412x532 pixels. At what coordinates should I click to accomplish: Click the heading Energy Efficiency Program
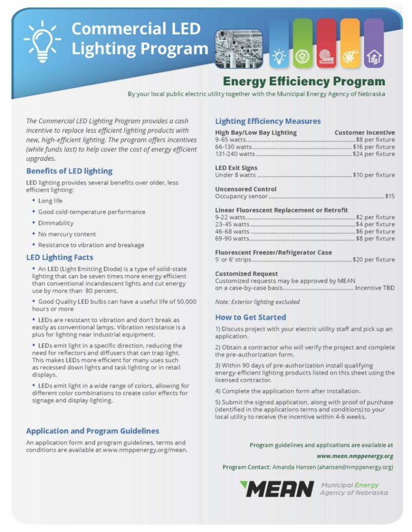(304, 82)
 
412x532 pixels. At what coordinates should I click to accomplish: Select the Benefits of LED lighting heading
(69, 171)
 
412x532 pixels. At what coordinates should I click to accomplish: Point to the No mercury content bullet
(67, 234)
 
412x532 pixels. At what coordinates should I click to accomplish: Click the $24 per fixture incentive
(374, 154)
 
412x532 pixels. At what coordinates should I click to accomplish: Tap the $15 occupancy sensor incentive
(390, 196)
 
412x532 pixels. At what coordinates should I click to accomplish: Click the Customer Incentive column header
(364, 132)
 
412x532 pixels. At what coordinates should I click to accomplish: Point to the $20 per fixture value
(374, 260)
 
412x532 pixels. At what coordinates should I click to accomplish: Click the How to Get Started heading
(250, 317)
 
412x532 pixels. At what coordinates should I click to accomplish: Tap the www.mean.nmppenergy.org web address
(355, 456)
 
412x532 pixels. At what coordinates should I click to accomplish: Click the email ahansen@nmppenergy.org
(355, 467)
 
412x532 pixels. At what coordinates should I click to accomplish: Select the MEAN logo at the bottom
(277, 489)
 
